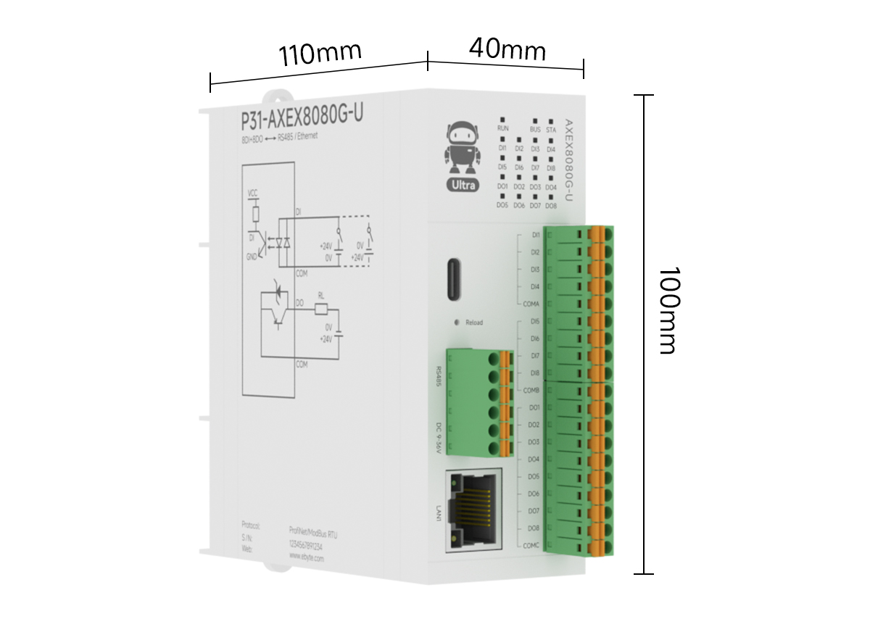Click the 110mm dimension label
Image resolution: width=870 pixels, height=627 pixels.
pyautogui.click(x=320, y=54)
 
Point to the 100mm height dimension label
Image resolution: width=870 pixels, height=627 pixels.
pyautogui.click(x=667, y=310)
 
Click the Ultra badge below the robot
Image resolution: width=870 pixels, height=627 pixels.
pyautogui.click(x=463, y=185)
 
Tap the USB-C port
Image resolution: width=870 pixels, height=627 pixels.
pyautogui.click(x=455, y=279)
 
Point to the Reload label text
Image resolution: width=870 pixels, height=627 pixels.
pyautogui.click(x=474, y=323)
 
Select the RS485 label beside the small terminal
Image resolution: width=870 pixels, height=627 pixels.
pyautogui.click(x=439, y=377)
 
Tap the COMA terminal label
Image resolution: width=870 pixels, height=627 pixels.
pyautogui.click(x=531, y=304)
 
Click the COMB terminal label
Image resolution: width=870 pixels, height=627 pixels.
pyautogui.click(x=531, y=391)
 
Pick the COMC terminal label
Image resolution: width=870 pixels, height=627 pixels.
pyautogui.click(x=531, y=546)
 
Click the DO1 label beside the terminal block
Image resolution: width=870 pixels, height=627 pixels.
pyautogui.click(x=534, y=408)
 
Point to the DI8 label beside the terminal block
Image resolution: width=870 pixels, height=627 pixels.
pyautogui.click(x=535, y=373)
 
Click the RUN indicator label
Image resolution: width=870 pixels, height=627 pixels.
pyautogui.click(x=502, y=129)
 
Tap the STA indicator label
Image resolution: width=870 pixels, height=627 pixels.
pyautogui.click(x=551, y=130)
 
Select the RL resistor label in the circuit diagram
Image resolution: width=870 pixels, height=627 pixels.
pyautogui.click(x=321, y=295)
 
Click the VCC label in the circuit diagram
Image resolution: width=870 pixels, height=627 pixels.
pyautogui.click(x=253, y=194)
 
